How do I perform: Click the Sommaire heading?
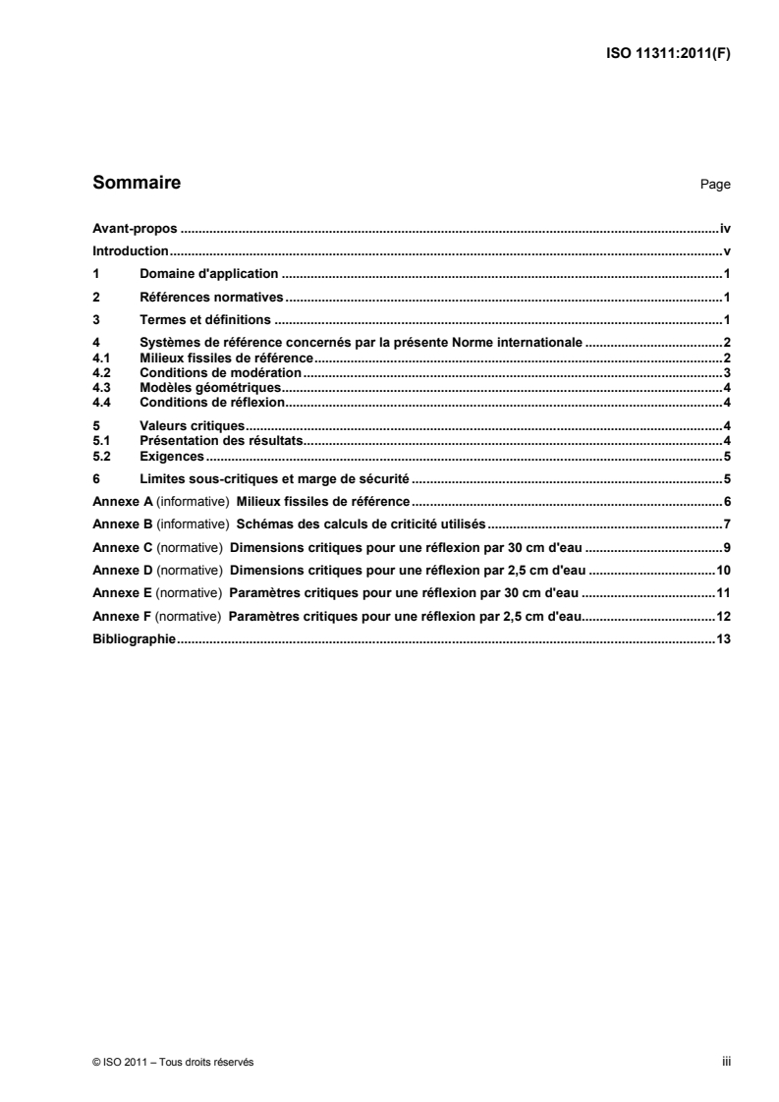pyautogui.click(x=136, y=183)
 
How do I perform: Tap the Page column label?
pyautogui.click(x=715, y=185)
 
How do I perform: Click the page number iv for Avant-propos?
pyautogui.click(x=725, y=228)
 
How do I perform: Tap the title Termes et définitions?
pyautogui.click(x=205, y=319)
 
